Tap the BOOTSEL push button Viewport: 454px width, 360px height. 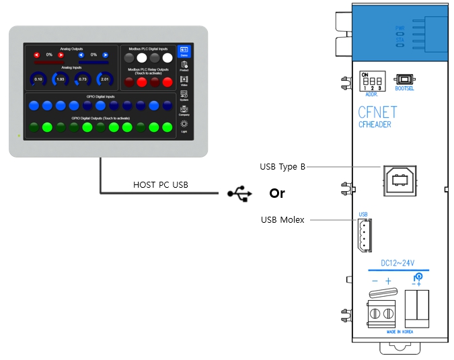click(x=404, y=79)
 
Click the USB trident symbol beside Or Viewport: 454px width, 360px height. click(x=240, y=194)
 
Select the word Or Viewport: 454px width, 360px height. click(x=277, y=194)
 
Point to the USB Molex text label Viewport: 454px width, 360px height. click(x=282, y=220)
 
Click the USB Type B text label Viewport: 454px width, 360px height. click(x=282, y=166)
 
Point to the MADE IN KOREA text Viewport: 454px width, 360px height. click(x=400, y=332)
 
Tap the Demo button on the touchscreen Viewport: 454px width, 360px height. click(x=184, y=51)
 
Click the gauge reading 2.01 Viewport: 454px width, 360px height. click(x=104, y=79)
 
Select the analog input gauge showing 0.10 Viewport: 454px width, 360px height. click(x=38, y=79)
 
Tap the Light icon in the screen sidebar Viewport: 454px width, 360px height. click(x=184, y=125)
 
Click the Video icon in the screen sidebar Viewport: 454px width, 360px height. click(x=184, y=81)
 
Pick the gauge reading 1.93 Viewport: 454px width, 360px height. click(x=60, y=79)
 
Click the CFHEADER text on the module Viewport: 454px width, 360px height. click(x=375, y=124)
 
